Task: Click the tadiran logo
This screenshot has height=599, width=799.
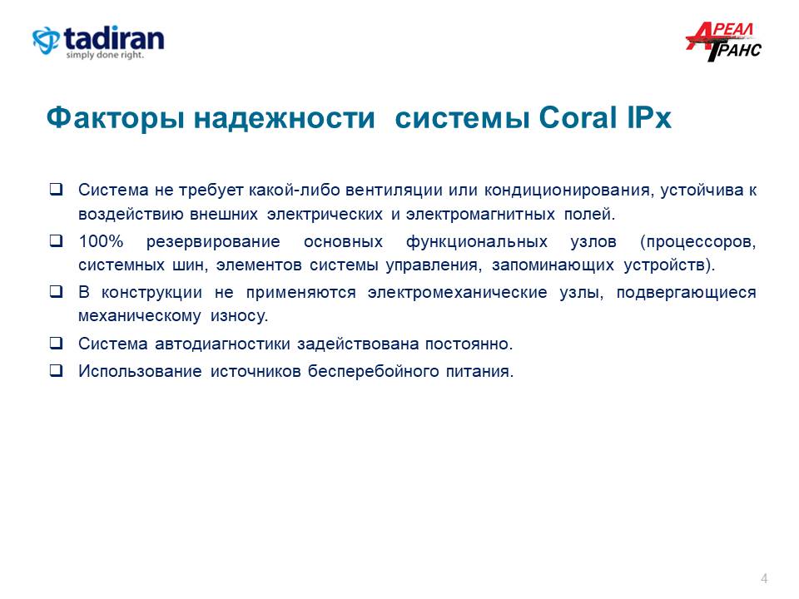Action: pyautogui.click(x=98, y=42)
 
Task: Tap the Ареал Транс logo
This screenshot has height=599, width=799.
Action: pyautogui.click(x=723, y=42)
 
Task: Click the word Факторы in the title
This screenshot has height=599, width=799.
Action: pyautogui.click(x=116, y=118)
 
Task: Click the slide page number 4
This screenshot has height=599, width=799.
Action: pyautogui.click(x=764, y=578)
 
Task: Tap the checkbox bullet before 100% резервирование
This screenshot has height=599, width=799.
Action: pyautogui.click(x=56, y=240)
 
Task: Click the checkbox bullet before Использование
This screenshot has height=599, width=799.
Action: pyautogui.click(x=56, y=370)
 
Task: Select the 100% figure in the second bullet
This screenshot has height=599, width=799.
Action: pyautogui.click(x=101, y=241)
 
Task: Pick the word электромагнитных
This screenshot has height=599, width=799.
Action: pyautogui.click(x=480, y=214)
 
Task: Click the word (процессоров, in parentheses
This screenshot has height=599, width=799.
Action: pyautogui.click(x=698, y=241)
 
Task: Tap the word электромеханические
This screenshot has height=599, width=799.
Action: pyautogui.click(x=458, y=292)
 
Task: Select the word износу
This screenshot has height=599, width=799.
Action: pyautogui.click(x=240, y=316)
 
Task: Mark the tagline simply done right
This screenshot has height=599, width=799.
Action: pyautogui.click(x=105, y=55)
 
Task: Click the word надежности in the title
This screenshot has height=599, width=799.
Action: pyautogui.click(x=285, y=118)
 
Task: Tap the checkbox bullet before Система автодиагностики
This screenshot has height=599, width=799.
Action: pyautogui.click(x=56, y=343)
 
